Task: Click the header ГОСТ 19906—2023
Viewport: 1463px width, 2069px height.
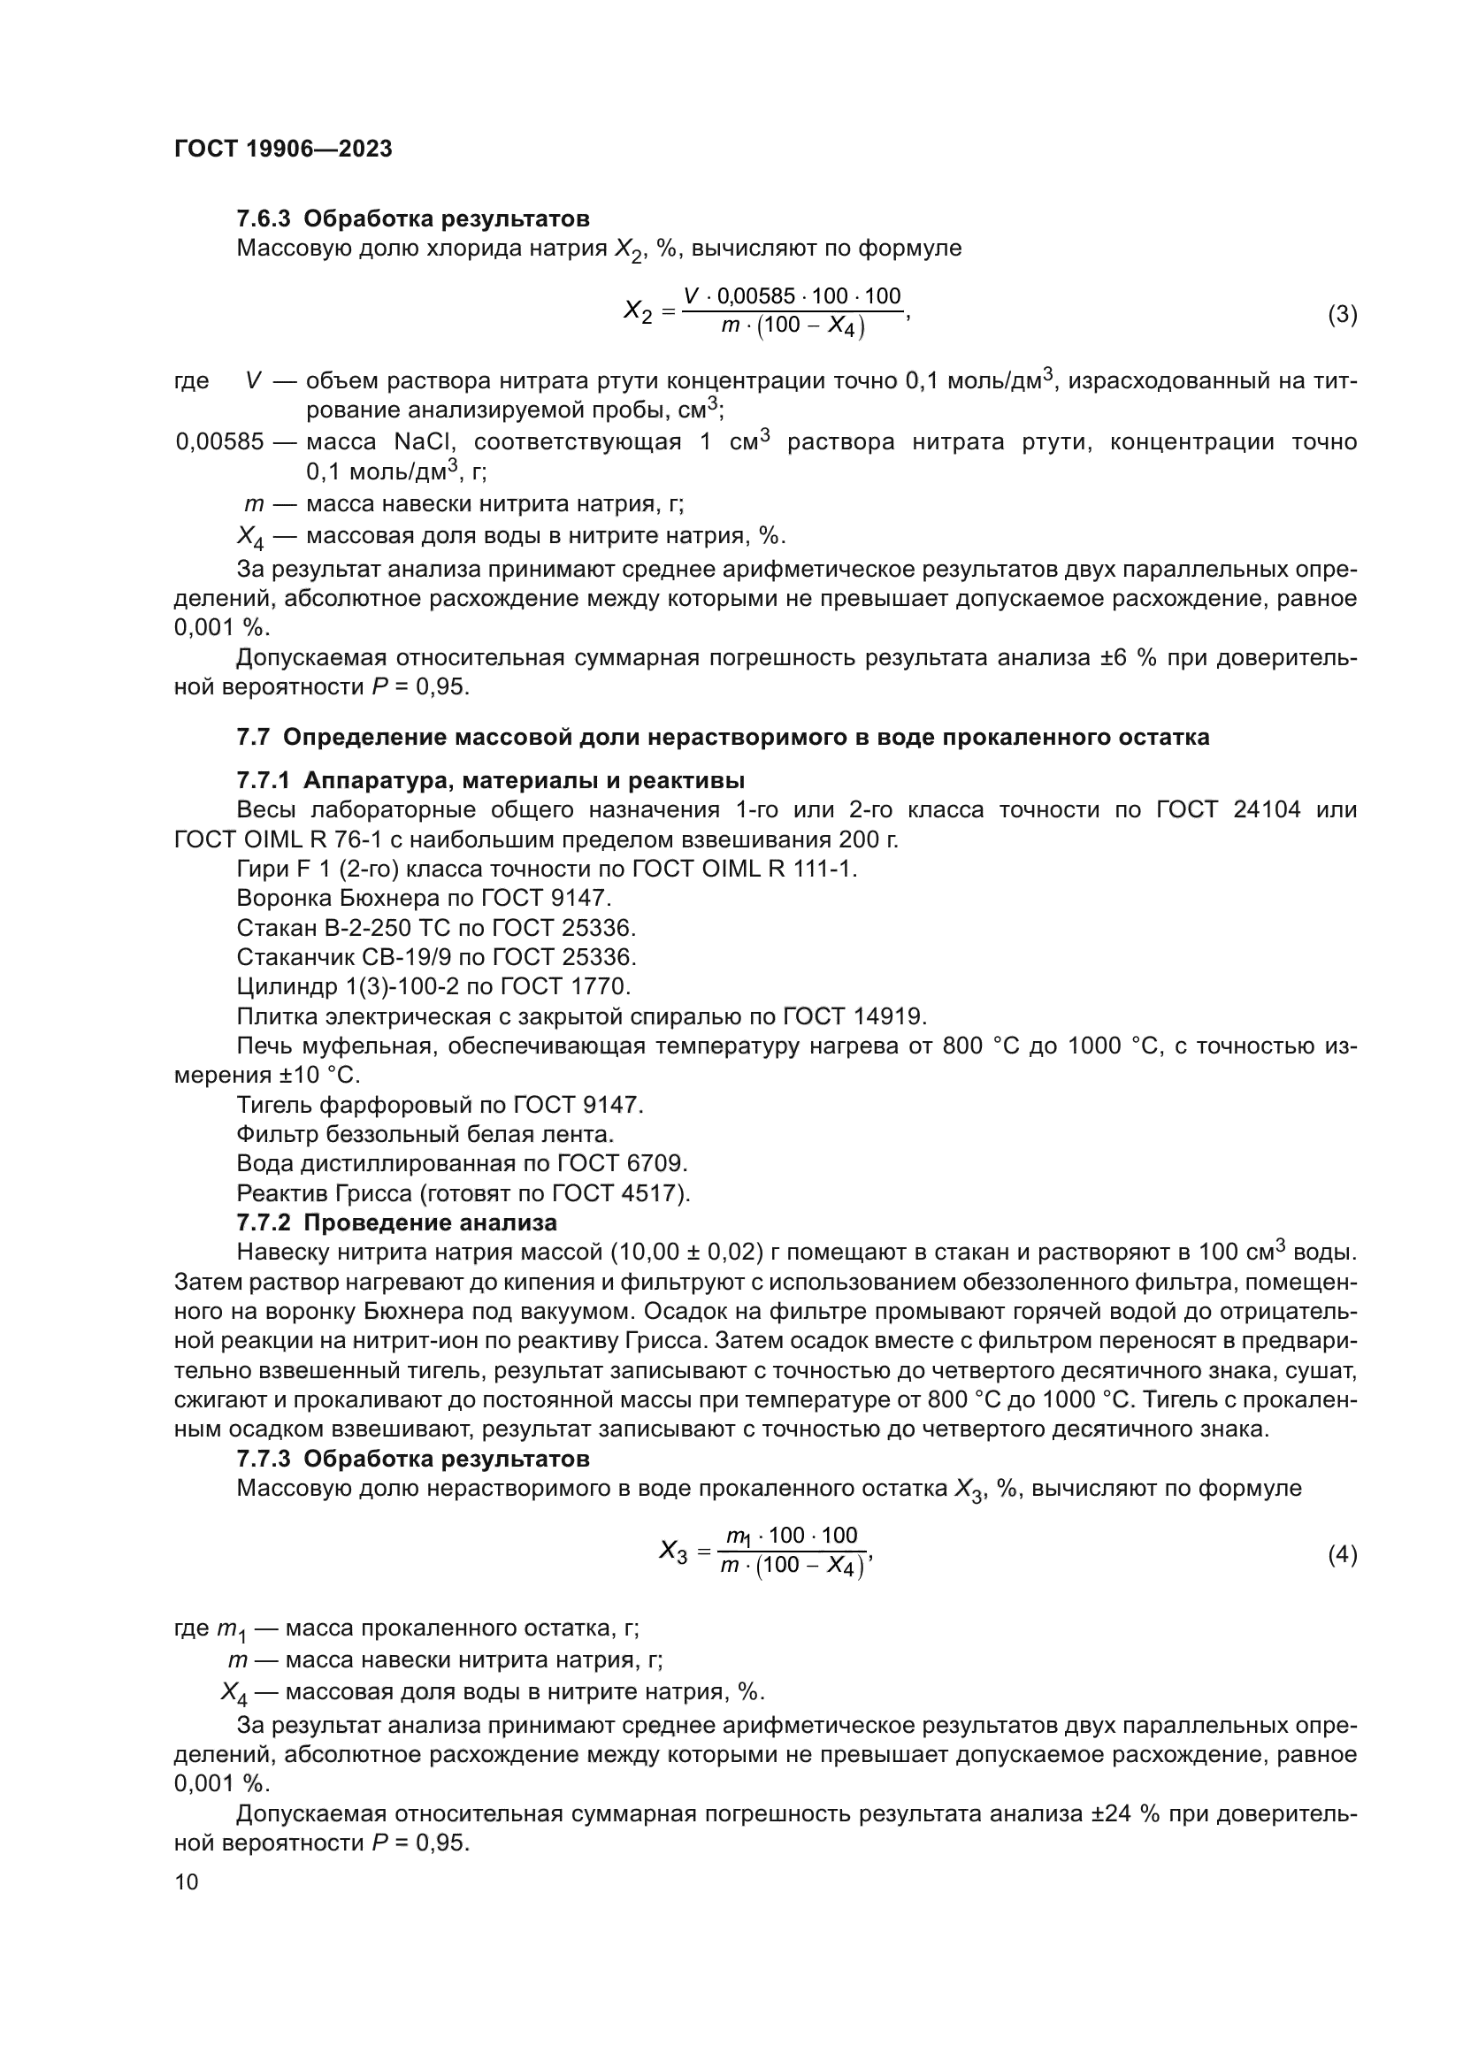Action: [x=283, y=149]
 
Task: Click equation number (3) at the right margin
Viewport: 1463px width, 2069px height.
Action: [x=1343, y=315]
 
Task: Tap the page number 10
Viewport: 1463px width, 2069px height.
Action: [x=187, y=1882]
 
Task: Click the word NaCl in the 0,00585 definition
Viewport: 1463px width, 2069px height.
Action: [x=422, y=442]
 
